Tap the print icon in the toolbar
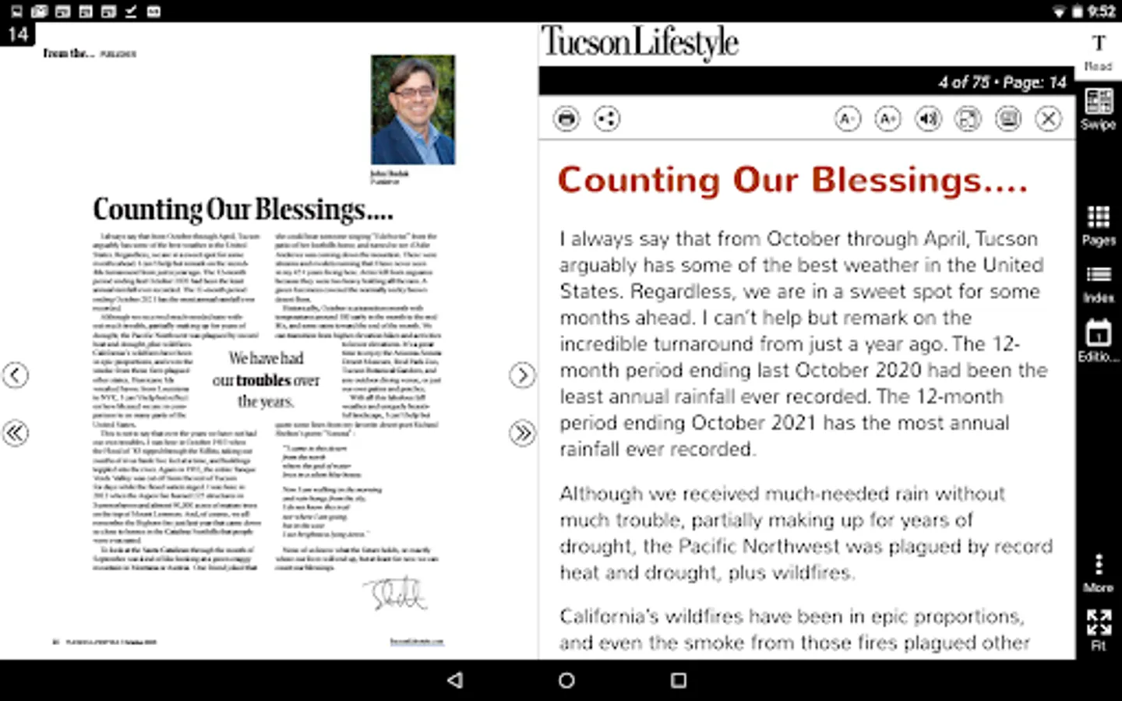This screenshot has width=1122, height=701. [566, 119]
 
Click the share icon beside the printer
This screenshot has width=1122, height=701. [606, 119]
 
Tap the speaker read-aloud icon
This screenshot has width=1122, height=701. [928, 119]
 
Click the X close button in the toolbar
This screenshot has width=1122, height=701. [1049, 119]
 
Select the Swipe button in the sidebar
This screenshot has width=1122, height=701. [1099, 108]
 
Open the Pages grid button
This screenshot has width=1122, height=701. [1099, 225]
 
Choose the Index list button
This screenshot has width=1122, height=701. [1099, 283]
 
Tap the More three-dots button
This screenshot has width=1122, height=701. [1099, 572]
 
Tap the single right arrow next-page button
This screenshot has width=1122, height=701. [522, 375]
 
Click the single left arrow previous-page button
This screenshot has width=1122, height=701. [16, 375]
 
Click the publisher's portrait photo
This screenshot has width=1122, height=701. [413, 110]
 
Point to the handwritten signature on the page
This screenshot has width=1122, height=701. [397, 594]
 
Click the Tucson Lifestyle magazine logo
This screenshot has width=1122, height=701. [640, 43]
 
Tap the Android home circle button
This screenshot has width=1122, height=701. [566, 680]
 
